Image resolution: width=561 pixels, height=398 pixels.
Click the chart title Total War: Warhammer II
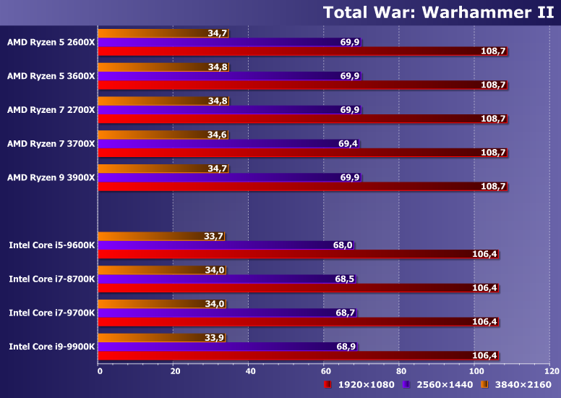[439, 12]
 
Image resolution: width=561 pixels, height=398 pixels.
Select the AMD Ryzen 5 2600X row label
[51, 42]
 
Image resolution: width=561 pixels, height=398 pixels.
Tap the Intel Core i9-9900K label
[52, 347]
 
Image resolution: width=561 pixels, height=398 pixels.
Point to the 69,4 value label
[348, 144]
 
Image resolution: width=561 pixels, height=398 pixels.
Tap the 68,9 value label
[346, 347]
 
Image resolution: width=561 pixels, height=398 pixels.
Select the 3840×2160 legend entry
[518, 384]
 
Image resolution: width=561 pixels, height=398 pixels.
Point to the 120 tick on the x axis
[552, 371]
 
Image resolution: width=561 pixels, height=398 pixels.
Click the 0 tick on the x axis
[100, 371]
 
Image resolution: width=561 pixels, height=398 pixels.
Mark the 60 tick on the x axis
[326, 371]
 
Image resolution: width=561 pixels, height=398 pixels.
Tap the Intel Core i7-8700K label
[52, 279]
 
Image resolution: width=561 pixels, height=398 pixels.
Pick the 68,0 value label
[343, 245]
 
